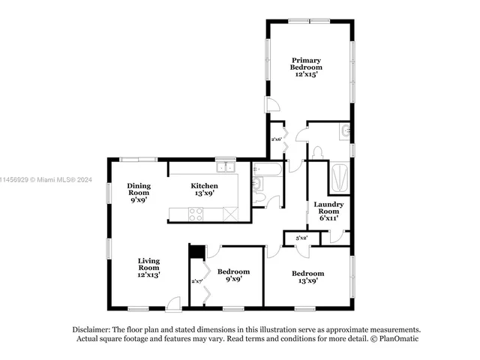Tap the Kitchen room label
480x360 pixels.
pos(204,189)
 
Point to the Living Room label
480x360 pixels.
pos(148,268)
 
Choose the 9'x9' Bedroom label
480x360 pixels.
pos(233,274)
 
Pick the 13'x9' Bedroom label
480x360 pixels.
pos(307,277)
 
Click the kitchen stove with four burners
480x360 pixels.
pos(196,214)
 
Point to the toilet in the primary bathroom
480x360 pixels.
pos(316,152)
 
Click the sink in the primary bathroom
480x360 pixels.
pos(344,131)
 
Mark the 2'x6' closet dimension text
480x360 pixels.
pos(276,139)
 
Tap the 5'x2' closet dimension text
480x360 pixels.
pos(301,238)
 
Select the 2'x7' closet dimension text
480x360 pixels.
pos(196,281)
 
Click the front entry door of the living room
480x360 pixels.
pos(173,303)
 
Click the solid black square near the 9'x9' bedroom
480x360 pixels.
pos(196,253)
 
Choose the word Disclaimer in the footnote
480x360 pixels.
pos(91,329)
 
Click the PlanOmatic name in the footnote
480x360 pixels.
pos(399,339)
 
